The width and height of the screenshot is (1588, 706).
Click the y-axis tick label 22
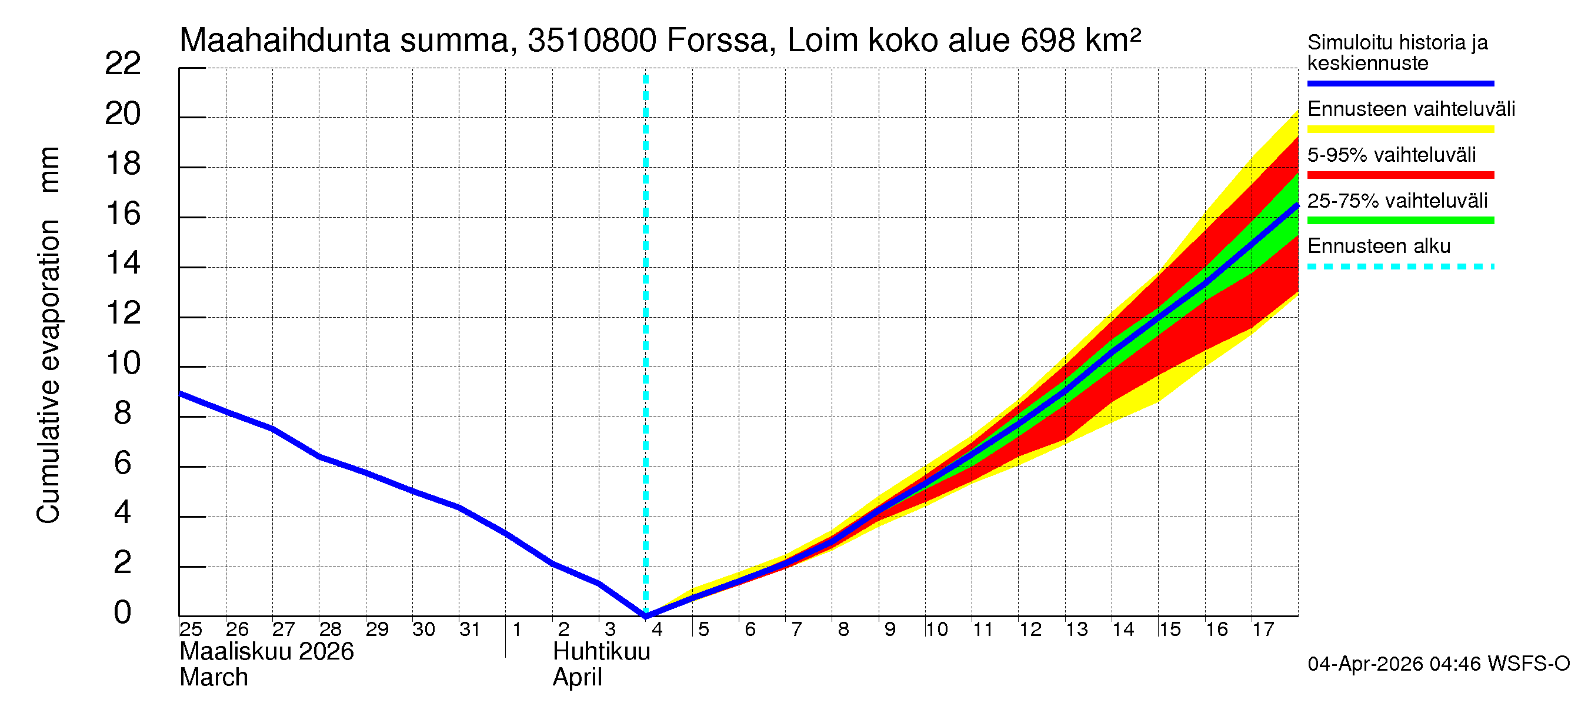tap(123, 64)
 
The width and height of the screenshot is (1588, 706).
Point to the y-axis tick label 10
tap(123, 363)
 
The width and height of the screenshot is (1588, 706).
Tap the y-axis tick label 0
tap(123, 613)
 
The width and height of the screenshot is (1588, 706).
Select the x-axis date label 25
tap(191, 630)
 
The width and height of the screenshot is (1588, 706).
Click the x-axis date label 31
tap(470, 630)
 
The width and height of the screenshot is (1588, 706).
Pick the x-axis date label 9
tap(889, 630)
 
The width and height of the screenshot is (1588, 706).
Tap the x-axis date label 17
tap(1263, 630)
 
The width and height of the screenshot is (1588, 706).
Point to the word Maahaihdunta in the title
tap(284, 41)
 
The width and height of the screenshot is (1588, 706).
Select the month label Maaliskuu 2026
tap(266, 652)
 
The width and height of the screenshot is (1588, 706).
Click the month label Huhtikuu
tap(601, 652)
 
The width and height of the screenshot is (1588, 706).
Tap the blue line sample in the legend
tap(1400, 83)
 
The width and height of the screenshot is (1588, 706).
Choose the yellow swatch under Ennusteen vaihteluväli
tap(1400, 129)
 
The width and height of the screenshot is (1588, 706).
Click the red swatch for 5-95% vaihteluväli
tap(1400, 175)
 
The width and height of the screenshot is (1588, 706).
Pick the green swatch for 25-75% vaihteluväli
tap(1400, 221)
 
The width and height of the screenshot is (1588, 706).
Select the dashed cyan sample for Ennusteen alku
tap(1400, 267)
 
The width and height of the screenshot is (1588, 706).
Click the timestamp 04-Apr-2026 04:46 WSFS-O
tap(1438, 664)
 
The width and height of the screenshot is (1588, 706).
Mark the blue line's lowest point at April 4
tap(645, 615)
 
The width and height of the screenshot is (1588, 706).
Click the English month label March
tap(213, 678)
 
